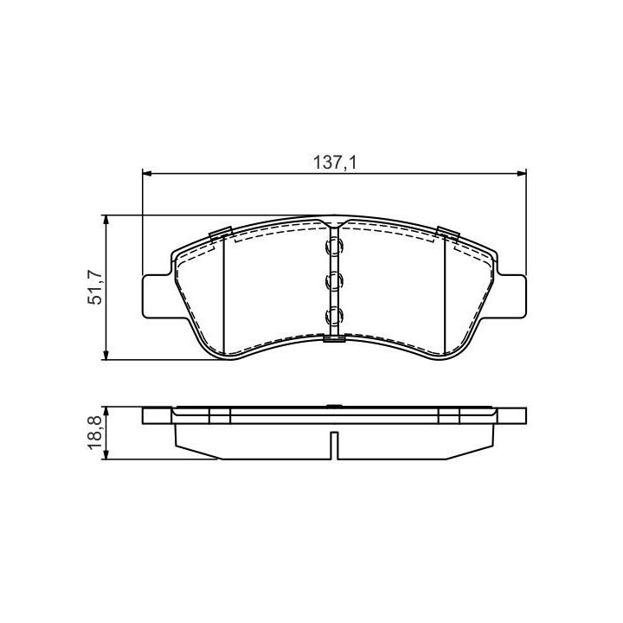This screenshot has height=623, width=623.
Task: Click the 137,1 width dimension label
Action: [335, 162]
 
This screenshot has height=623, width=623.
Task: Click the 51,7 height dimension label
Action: [95, 287]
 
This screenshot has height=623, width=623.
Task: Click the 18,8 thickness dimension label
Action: [95, 433]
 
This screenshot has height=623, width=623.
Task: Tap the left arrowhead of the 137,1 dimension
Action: [147, 174]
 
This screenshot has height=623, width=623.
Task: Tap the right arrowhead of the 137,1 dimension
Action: [521, 174]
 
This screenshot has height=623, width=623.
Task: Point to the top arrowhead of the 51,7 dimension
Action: [106, 220]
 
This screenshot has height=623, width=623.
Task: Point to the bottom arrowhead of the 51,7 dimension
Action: [106, 356]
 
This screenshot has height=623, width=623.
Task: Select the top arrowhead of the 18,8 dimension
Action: [106, 412]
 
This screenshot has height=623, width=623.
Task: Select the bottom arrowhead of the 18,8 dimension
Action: [106, 454]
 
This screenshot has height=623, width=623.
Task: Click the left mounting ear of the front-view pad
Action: [157, 296]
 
